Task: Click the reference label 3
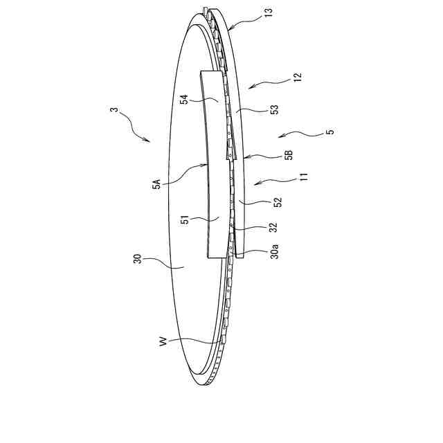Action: point(114,111)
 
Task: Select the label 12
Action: point(297,78)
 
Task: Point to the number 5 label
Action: point(329,132)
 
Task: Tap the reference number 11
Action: point(303,178)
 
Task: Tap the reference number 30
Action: point(138,260)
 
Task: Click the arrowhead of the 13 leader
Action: point(228,28)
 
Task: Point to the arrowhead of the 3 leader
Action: point(148,141)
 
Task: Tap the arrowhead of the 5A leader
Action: point(207,165)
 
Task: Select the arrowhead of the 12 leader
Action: point(249,88)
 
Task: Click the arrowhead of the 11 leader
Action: point(254,185)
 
